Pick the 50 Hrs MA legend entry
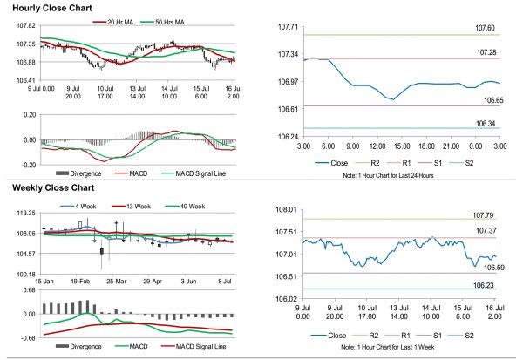click(x=176, y=20)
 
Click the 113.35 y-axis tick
click(x=16, y=213)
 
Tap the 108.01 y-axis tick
click(x=288, y=210)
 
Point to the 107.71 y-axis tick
click(x=288, y=28)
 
